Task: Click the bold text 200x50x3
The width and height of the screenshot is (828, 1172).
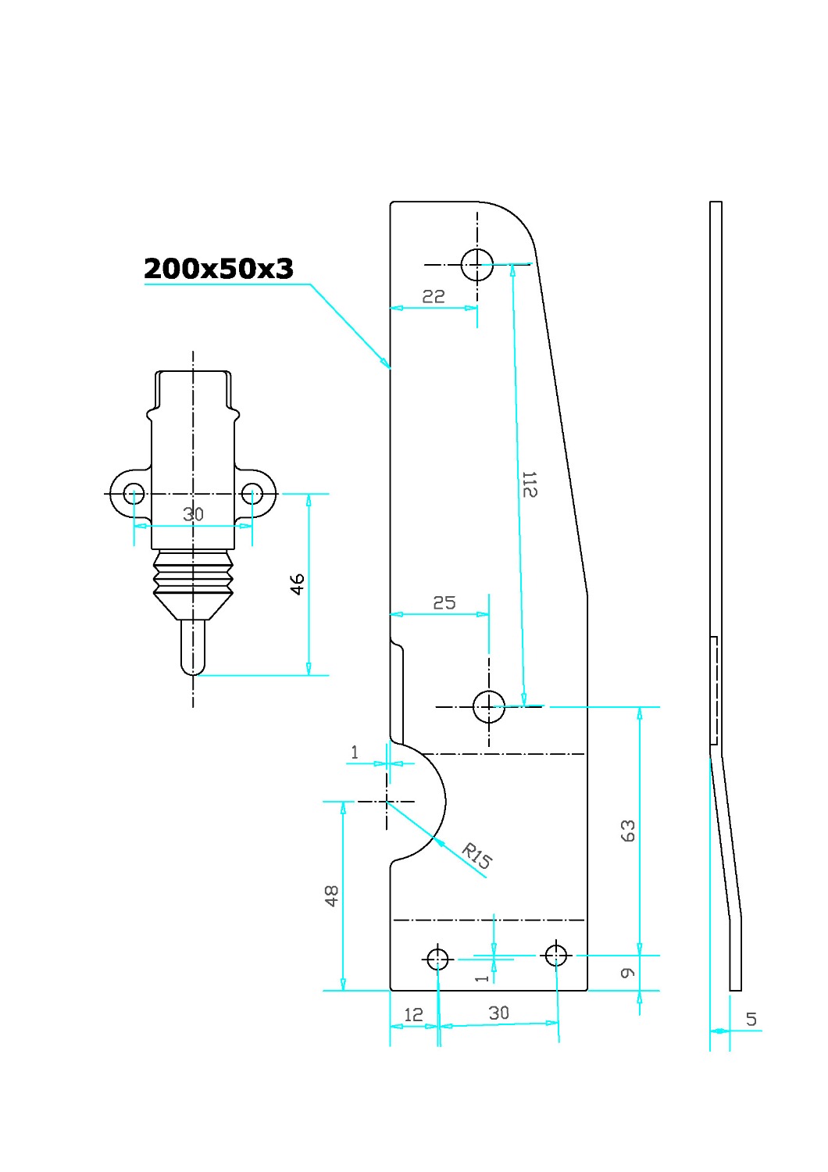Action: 219,269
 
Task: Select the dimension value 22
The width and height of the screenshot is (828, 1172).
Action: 433,297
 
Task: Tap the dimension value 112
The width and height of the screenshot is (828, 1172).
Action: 530,484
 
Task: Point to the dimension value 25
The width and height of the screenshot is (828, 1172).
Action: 444,602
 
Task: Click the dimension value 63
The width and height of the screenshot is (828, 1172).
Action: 628,831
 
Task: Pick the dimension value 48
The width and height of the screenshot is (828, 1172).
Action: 332,895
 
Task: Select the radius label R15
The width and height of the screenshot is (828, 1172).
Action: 476,856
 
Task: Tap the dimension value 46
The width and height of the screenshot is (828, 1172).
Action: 297,584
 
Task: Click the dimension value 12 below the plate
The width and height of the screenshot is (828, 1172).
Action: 413,1016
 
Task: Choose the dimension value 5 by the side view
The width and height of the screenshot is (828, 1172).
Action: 751,1019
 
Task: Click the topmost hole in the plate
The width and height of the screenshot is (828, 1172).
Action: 477,265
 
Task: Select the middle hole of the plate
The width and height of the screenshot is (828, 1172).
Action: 488,707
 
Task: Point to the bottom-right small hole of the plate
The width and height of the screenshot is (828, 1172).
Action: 556,956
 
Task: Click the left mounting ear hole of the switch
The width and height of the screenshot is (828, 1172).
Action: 134,493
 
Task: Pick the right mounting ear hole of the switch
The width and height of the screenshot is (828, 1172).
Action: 252,493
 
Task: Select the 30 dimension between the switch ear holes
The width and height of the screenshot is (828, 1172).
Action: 193,514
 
